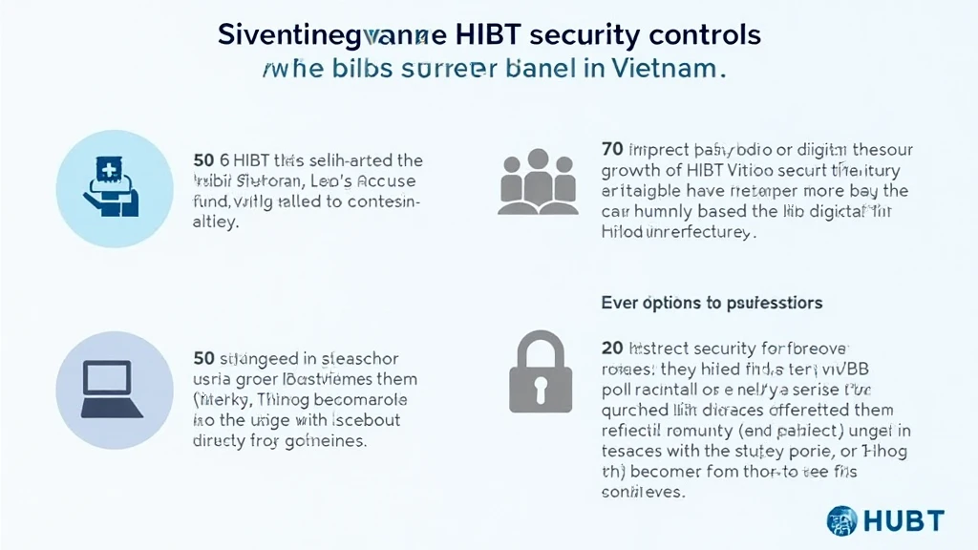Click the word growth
(x=628, y=169)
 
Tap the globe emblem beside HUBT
(x=842, y=519)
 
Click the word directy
(x=221, y=442)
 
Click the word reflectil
(x=635, y=432)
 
